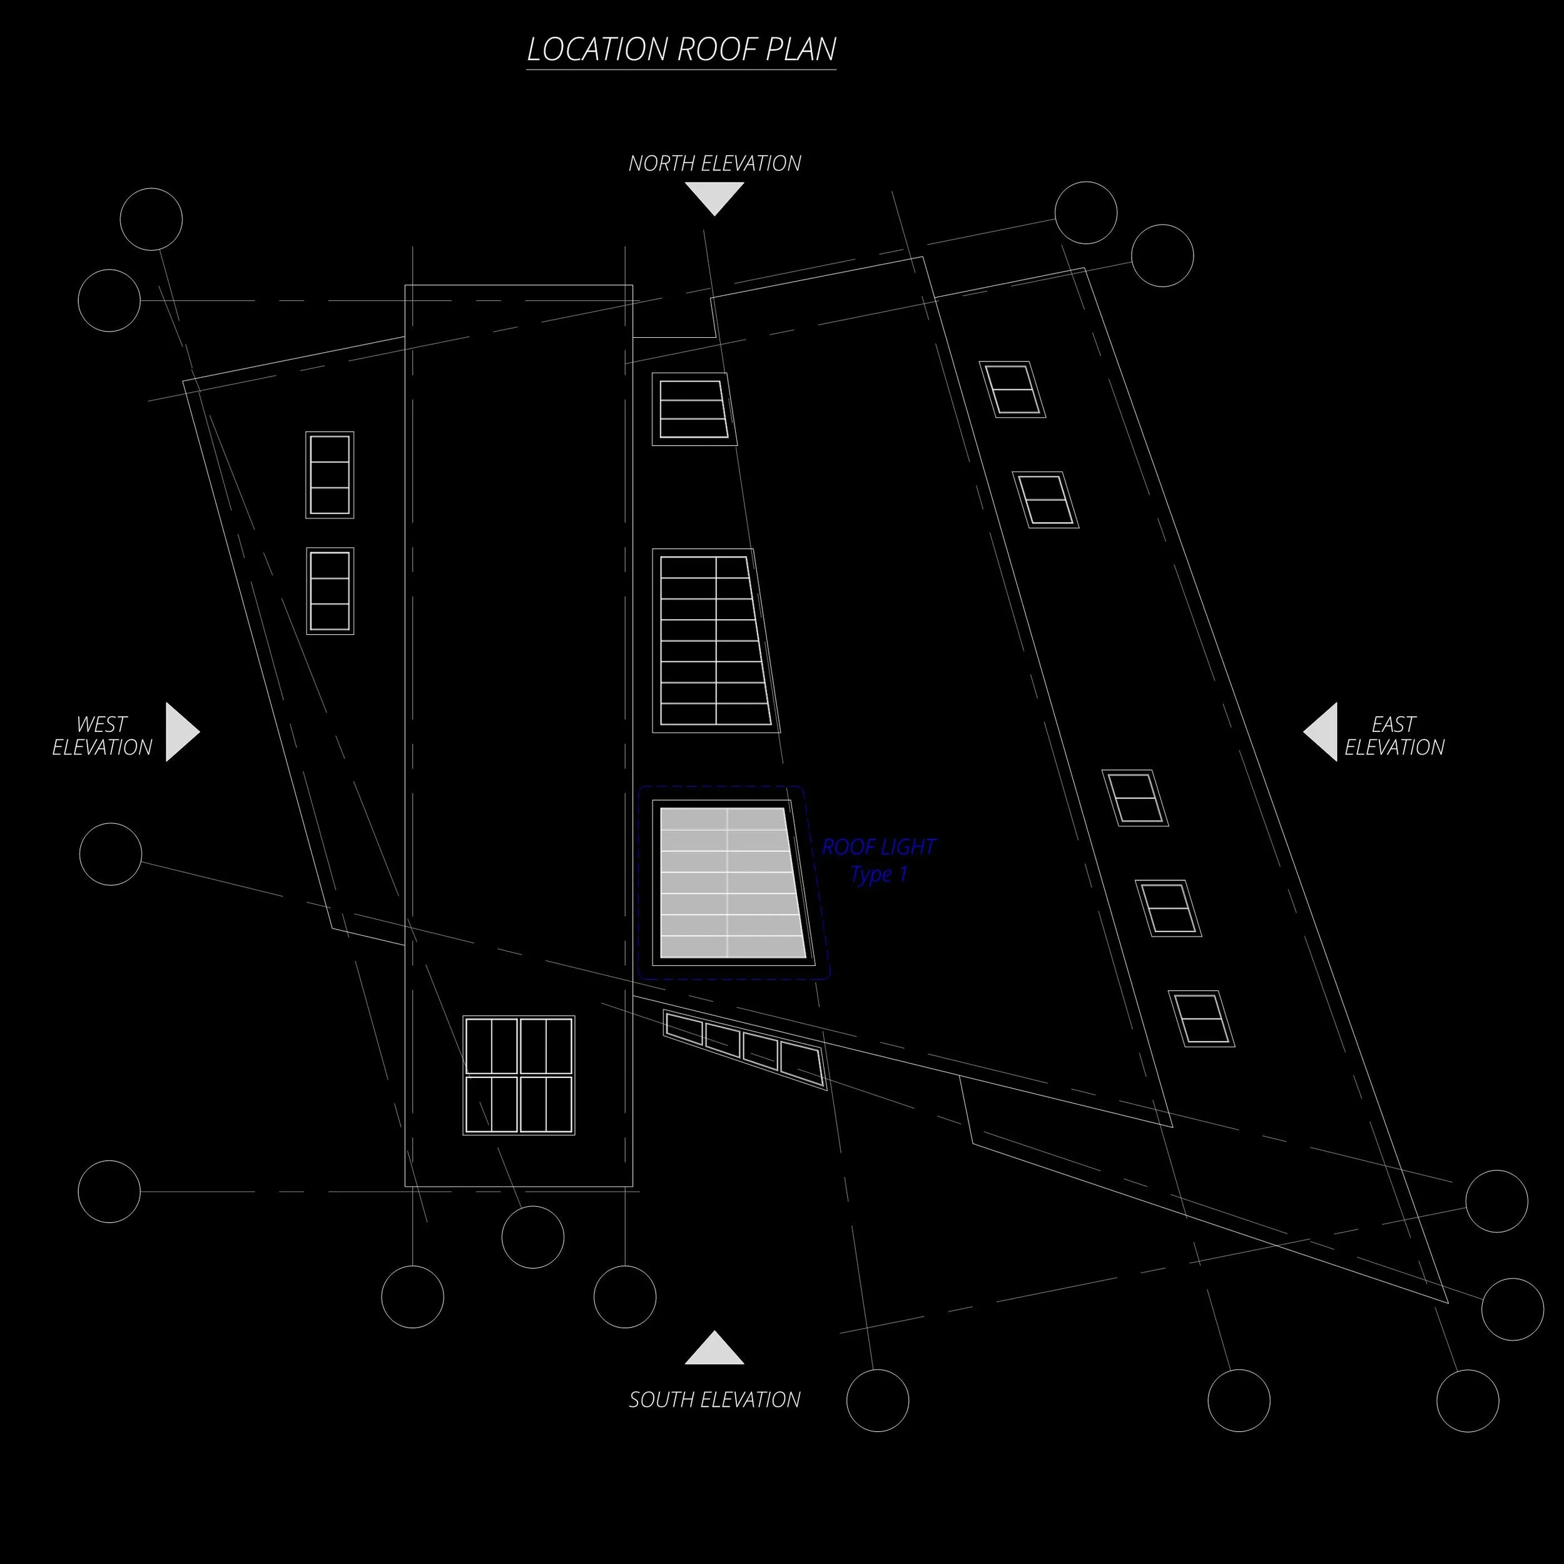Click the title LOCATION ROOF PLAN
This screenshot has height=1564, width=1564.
coord(681,49)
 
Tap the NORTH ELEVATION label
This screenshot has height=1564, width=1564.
coord(715,163)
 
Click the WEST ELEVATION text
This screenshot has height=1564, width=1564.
coord(102,735)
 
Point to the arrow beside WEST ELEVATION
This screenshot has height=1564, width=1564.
coord(181,732)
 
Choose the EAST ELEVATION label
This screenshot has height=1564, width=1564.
coord(1394,735)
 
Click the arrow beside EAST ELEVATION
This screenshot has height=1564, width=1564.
coord(1321,732)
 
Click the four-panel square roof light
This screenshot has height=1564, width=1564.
coord(519,1075)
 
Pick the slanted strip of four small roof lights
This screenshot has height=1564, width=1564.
coord(744,1047)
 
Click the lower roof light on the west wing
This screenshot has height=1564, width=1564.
coord(330,591)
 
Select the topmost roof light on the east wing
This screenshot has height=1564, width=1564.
coord(1012,389)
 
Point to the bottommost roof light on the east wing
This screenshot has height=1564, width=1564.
coord(1201,1018)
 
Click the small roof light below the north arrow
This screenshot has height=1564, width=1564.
coord(693,409)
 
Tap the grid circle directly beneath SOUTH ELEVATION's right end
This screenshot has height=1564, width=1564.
coord(878,1399)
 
